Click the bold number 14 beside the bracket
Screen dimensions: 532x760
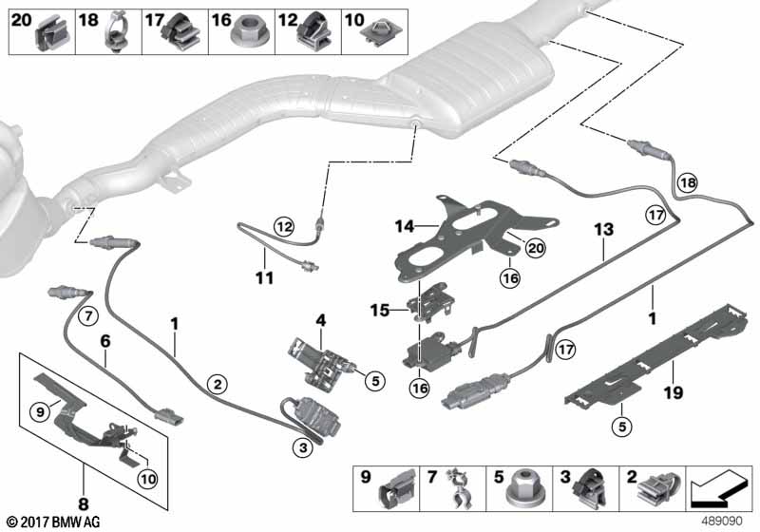[x=405, y=226]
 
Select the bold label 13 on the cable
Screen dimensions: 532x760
[x=605, y=231]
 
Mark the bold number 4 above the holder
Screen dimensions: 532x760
[x=322, y=321]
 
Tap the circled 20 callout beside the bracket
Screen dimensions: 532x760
[x=536, y=247]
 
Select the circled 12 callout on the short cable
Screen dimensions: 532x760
[x=284, y=226]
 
